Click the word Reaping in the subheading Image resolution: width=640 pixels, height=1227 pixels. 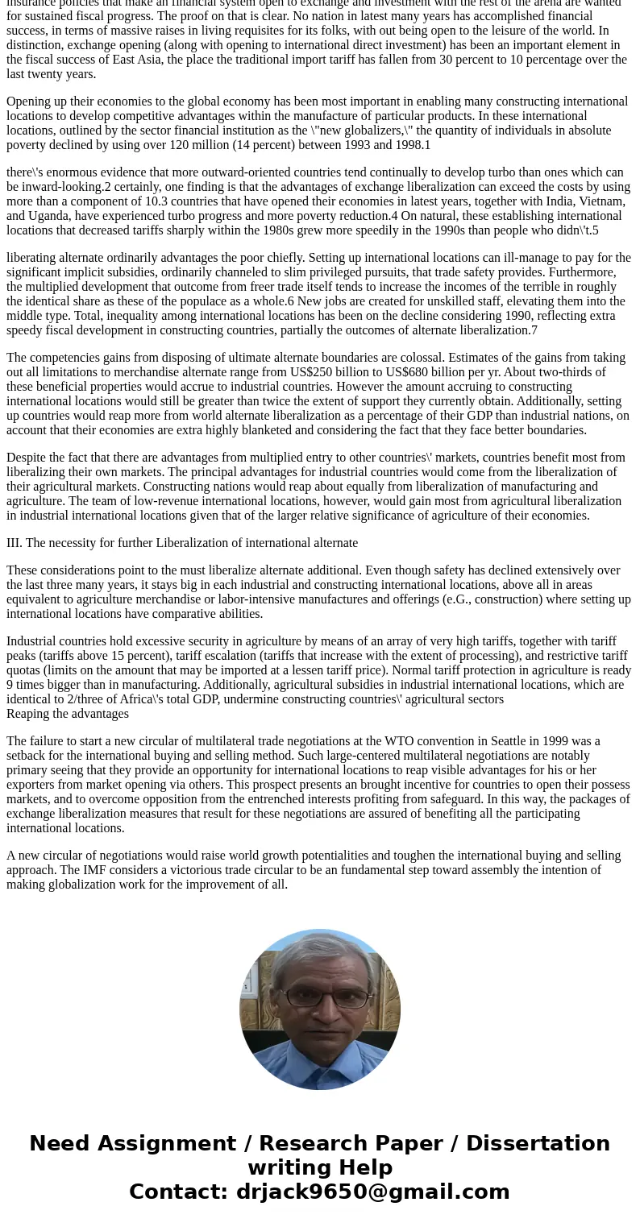[x=29, y=714]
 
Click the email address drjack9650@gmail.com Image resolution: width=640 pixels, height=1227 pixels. [x=372, y=1192]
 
